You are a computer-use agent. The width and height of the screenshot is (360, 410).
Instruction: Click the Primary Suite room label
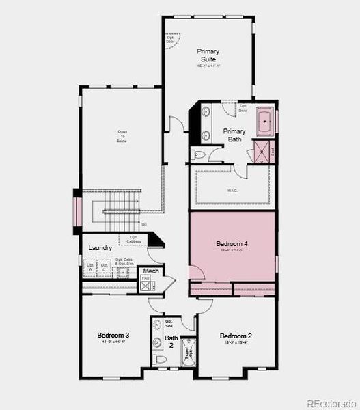[x=207, y=55]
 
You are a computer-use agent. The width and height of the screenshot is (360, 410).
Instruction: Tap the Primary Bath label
[x=234, y=135]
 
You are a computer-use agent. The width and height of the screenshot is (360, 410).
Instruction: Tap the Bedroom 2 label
[x=236, y=336]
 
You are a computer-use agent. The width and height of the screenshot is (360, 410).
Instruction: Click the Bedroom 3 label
[x=113, y=336]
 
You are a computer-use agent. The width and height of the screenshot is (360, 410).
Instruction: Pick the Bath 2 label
[x=171, y=342]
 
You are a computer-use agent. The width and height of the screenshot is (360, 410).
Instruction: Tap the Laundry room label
[x=100, y=247]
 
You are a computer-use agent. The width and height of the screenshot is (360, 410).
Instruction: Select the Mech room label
[x=151, y=271]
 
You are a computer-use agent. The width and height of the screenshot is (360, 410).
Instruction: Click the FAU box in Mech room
[x=146, y=279]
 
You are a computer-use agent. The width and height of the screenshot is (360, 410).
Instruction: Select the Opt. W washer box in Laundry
[x=89, y=266]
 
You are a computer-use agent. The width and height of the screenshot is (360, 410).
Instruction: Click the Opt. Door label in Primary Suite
[x=170, y=40]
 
